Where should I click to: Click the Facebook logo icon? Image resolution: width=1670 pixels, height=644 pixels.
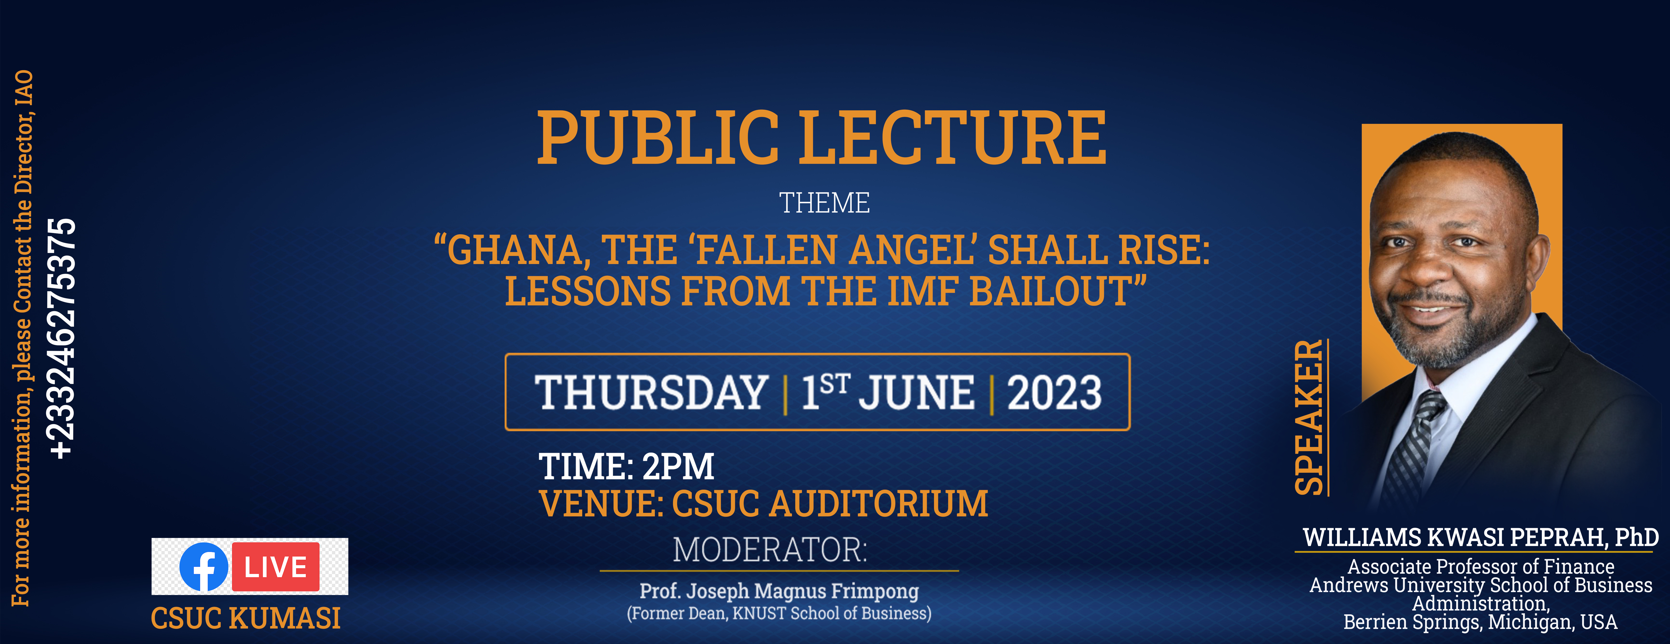(204, 567)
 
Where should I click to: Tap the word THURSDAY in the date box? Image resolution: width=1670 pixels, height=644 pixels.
(651, 393)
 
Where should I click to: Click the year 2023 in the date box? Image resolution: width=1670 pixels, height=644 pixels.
(1054, 393)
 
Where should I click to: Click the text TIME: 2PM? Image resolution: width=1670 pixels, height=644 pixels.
(626, 466)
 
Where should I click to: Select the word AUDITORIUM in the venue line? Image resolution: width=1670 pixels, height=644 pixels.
(878, 504)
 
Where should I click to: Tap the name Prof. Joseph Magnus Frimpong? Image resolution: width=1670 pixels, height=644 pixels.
(779, 591)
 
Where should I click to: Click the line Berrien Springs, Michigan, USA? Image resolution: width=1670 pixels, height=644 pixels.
(1480, 622)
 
